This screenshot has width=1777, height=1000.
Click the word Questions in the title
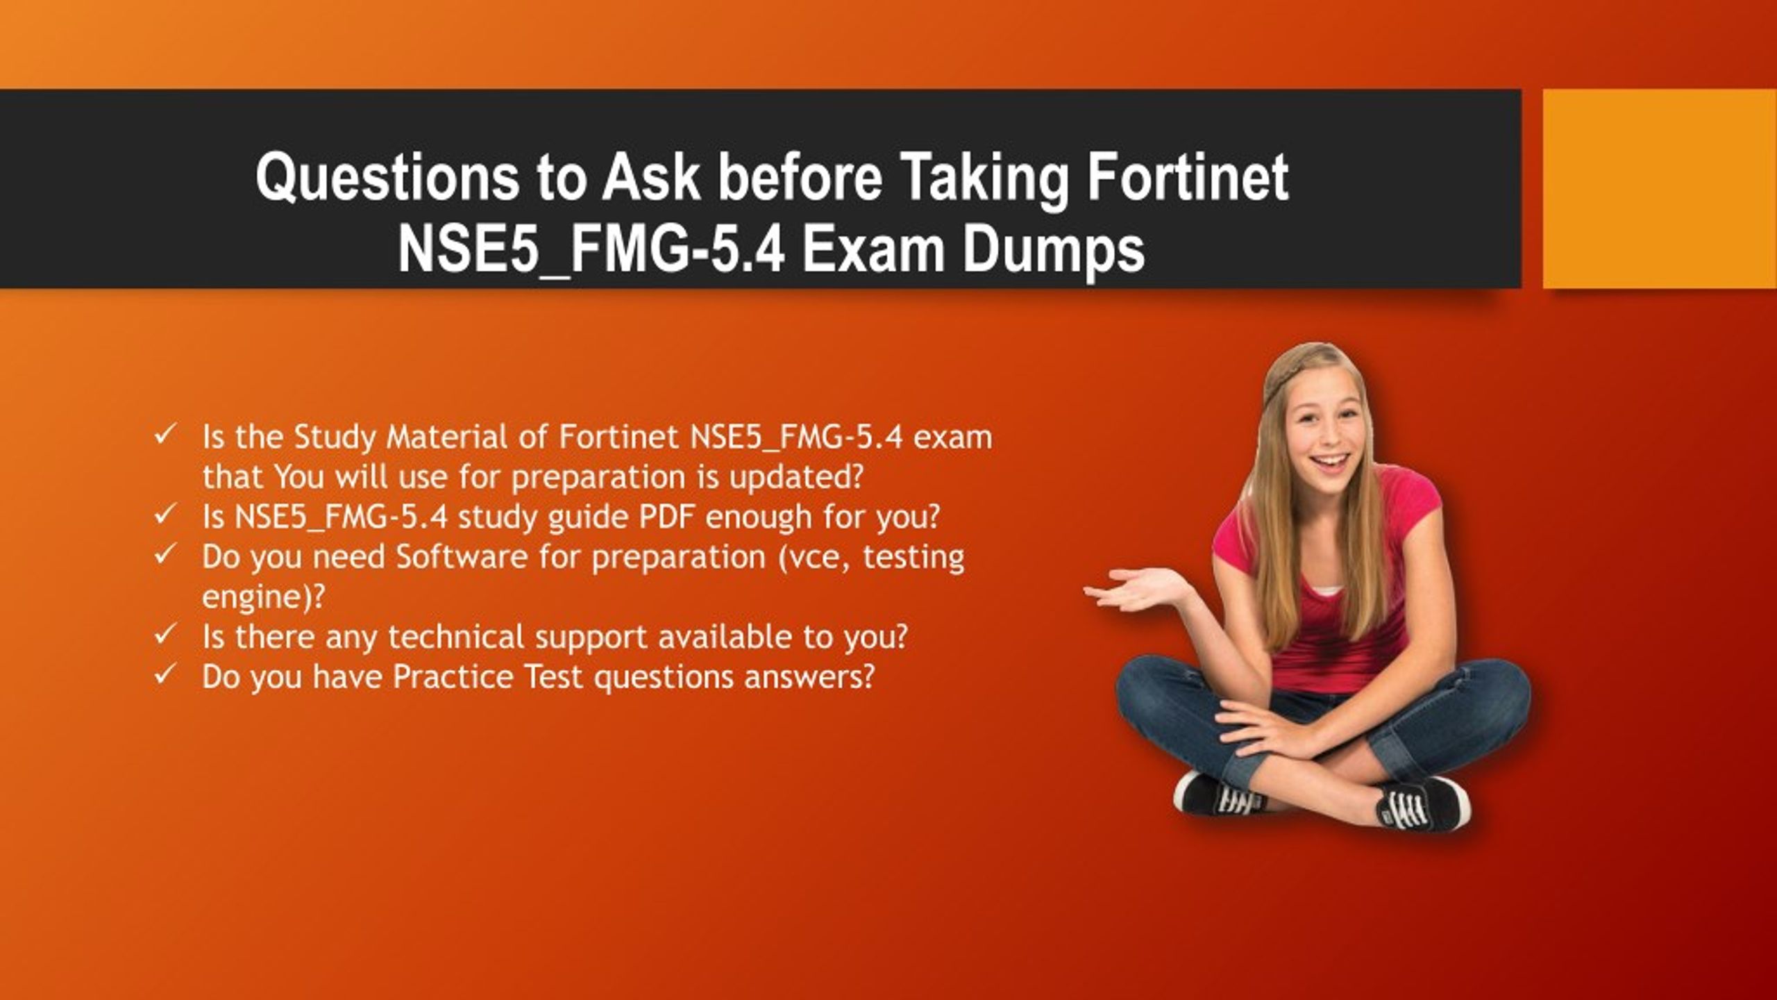click(387, 179)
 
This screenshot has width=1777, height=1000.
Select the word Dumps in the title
click(1053, 251)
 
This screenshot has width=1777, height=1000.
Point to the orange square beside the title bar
click(1660, 188)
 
